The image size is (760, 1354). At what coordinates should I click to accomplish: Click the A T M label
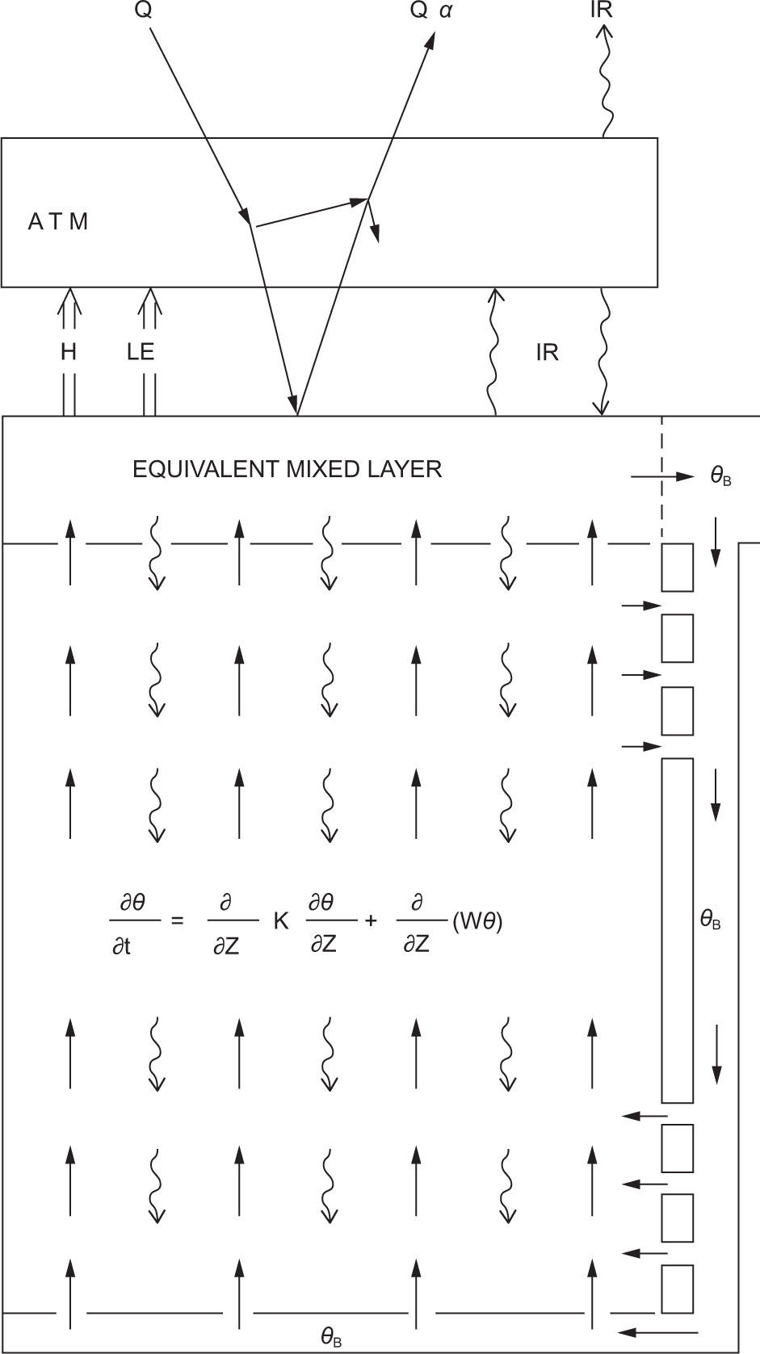[x=57, y=222]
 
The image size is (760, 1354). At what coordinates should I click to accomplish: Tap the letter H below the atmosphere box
[x=69, y=352]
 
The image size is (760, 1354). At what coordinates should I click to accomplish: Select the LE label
[x=141, y=352]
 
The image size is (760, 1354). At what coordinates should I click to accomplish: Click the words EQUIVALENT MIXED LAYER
[x=287, y=469]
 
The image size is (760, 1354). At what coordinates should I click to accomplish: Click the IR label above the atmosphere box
[x=601, y=10]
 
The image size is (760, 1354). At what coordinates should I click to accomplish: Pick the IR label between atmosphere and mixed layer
[x=547, y=352]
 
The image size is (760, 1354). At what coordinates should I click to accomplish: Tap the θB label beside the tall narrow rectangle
[x=710, y=920]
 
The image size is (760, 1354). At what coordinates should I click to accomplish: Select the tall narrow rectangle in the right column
[x=678, y=930]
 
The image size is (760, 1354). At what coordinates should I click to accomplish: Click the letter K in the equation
[x=281, y=921]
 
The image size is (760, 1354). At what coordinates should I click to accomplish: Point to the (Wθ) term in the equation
[x=477, y=921]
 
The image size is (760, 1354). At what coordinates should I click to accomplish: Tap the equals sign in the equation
[x=178, y=920]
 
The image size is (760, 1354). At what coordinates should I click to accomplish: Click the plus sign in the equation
[x=371, y=920]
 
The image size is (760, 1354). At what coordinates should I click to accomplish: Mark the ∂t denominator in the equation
[x=122, y=945]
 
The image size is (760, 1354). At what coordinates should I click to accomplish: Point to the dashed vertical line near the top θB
[x=663, y=476]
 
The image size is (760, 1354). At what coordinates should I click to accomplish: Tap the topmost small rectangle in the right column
[x=678, y=568]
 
